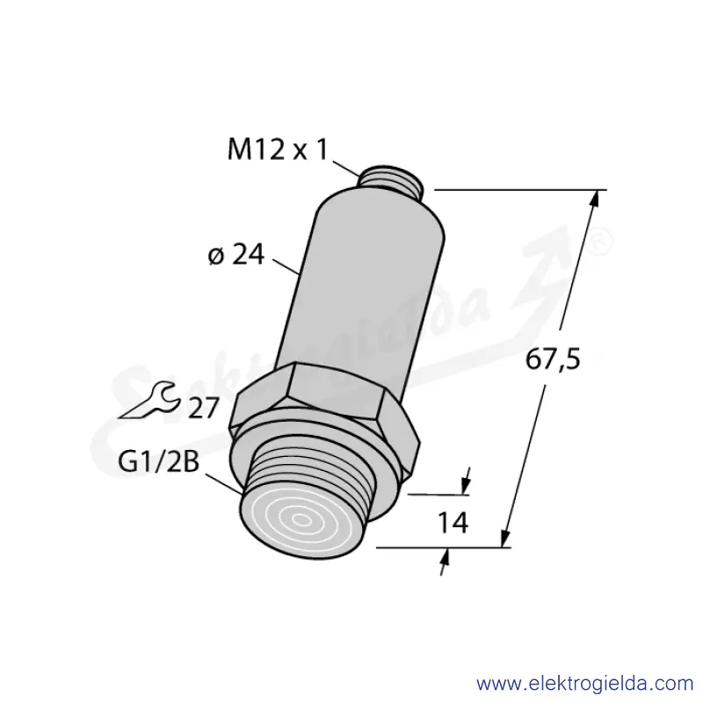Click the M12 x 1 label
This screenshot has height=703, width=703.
(x=278, y=149)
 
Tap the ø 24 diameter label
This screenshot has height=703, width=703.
(x=236, y=255)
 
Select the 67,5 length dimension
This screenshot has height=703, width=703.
(x=553, y=359)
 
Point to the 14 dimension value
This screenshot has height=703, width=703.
(x=453, y=522)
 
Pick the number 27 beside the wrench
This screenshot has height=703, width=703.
(x=203, y=408)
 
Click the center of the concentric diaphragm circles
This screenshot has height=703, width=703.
(x=301, y=520)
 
